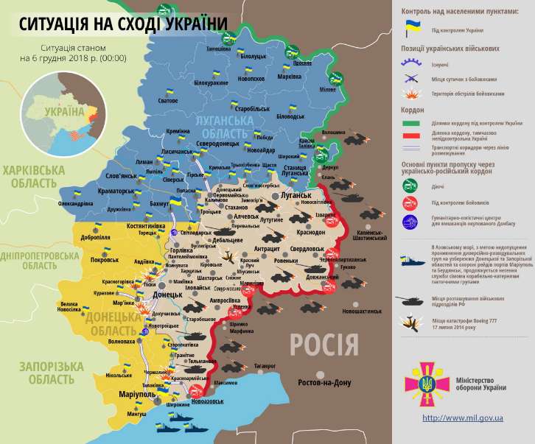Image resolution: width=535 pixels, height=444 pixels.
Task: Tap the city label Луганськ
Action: pyautogui.click(x=295, y=197)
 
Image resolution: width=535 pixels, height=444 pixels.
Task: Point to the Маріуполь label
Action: pyautogui.click(x=136, y=395)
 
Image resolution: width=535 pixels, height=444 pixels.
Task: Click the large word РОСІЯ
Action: pyautogui.click(x=324, y=344)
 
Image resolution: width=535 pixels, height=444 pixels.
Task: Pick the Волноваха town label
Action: pyautogui.click(x=122, y=342)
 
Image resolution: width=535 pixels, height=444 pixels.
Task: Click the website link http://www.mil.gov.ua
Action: pyautogui.click(x=463, y=417)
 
